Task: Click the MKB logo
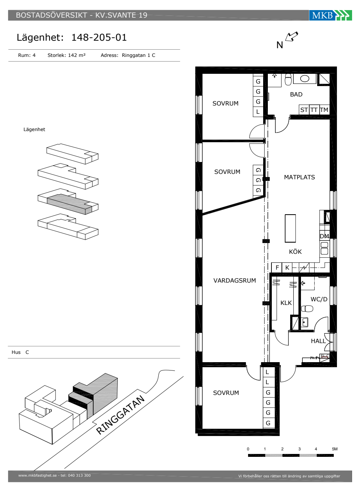[330, 15]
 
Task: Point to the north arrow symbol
[291, 36]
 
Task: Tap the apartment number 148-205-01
[99, 37]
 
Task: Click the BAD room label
[296, 94]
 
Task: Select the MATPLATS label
[299, 177]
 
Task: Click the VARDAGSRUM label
[235, 280]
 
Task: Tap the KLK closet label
[286, 303]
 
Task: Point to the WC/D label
[319, 299]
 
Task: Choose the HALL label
[318, 341]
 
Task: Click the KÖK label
[295, 251]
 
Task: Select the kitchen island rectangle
[290, 228]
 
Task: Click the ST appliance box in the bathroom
[304, 110]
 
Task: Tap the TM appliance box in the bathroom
[324, 110]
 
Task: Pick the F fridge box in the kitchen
[277, 267]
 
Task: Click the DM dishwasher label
[324, 236]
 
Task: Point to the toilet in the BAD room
[288, 80]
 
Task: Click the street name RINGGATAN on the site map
[121, 415]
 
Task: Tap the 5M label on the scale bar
[334, 449]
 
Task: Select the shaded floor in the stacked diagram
[69, 204]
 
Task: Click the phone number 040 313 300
[79, 476]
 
